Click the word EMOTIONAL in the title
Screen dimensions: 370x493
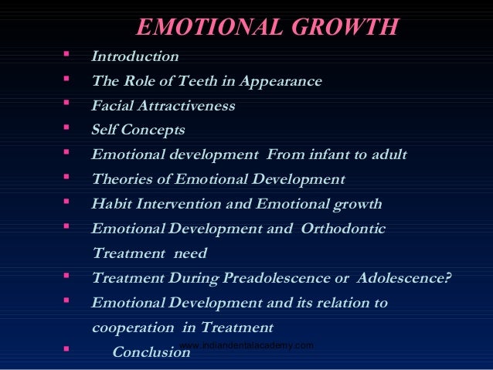point(202,28)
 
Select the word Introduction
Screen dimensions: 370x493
point(134,56)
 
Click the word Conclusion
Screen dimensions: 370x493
point(151,352)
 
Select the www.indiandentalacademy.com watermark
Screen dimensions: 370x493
point(246,345)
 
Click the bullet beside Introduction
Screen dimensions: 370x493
point(67,55)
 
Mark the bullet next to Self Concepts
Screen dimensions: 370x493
point(67,128)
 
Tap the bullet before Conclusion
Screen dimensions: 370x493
point(67,350)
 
